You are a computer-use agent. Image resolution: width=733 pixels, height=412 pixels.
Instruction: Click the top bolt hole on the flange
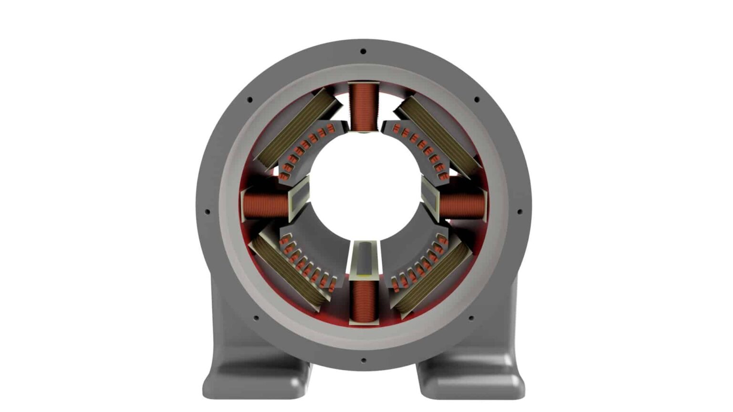click(x=363, y=51)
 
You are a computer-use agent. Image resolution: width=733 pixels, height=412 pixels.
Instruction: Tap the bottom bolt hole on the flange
click(x=363, y=360)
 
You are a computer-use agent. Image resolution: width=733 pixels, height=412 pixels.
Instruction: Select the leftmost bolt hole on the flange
click(x=207, y=212)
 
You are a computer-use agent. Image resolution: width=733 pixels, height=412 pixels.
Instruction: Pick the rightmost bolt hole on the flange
click(x=520, y=212)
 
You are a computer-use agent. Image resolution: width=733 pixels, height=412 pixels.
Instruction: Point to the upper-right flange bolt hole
click(x=476, y=100)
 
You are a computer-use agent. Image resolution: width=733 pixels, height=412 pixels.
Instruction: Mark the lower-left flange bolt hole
click(x=256, y=318)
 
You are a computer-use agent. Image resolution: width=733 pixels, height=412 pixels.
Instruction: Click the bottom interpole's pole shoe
click(x=364, y=260)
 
